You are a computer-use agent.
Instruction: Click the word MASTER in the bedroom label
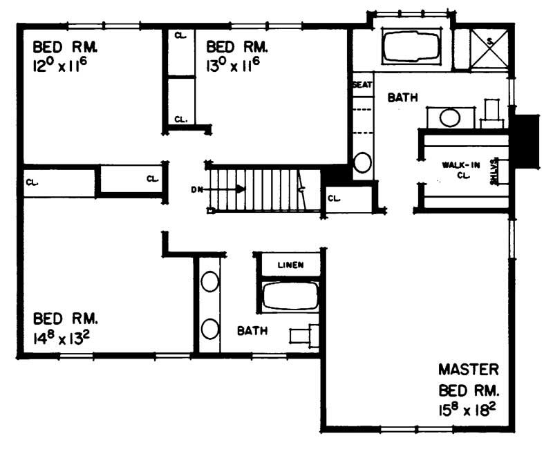click(x=468, y=369)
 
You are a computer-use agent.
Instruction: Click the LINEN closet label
click(x=290, y=265)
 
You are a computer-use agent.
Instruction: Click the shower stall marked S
click(x=490, y=46)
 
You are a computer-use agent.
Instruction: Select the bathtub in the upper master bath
click(x=411, y=47)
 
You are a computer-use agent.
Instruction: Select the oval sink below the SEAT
click(x=362, y=163)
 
